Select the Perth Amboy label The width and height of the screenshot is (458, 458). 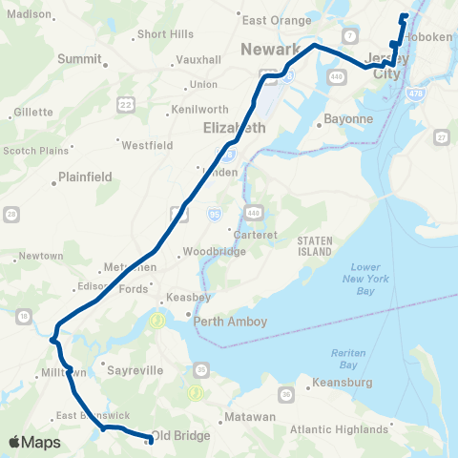pos(230,322)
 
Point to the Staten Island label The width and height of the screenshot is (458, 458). pos(314,246)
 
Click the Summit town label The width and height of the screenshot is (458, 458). pos(79,58)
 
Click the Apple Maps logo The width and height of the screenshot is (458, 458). pos(34,442)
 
